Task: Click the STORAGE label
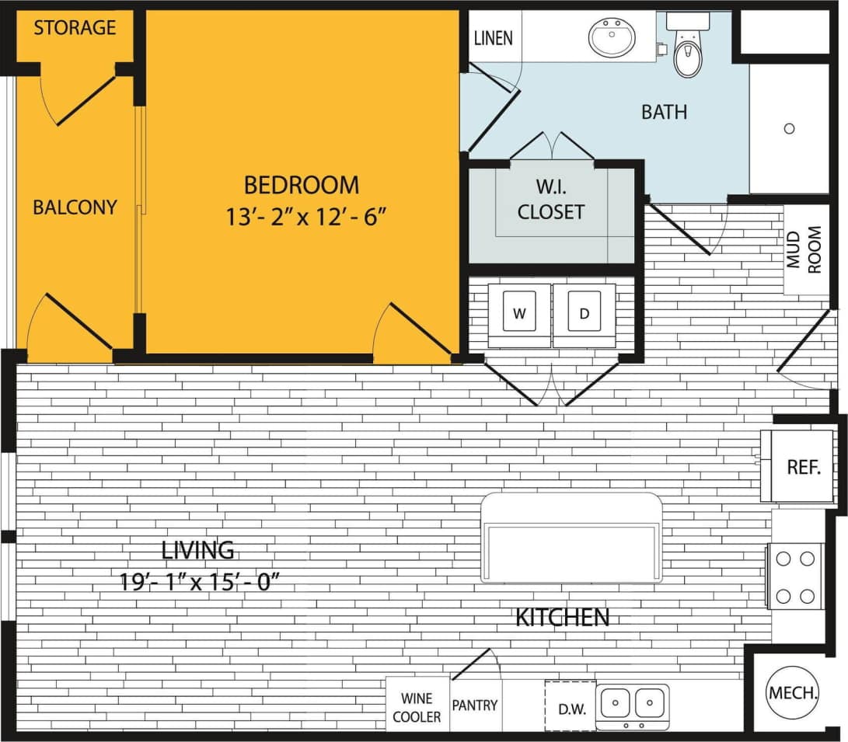(75, 28)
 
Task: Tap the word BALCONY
(75, 207)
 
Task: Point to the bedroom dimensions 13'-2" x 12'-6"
(306, 216)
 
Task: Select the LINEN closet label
(493, 37)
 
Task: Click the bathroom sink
(612, 37)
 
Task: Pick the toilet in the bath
(687, 52)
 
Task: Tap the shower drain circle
(789, 129)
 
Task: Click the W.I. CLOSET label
(551, 200)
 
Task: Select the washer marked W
(519, 314)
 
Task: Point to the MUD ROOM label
(805, 249)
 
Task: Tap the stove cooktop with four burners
(795, 576)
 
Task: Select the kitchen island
(571, 537)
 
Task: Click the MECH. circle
(793, 692)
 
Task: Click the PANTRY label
(475, 705)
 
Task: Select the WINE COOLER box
(417, 707)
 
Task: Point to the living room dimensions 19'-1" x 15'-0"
(197, 580)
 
